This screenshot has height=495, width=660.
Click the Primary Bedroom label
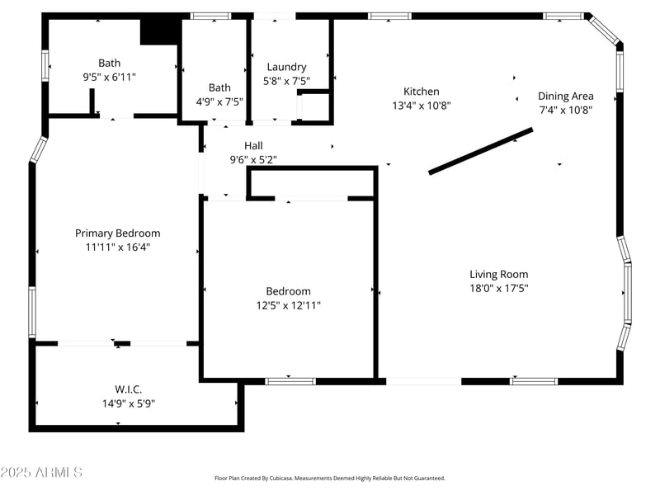pyautogui.click(x=117, y=233)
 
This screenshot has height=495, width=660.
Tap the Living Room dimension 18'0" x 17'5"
pyautogui.click(x=498, y=288)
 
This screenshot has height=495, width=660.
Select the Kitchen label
pyautogui.click(x=421, y=92)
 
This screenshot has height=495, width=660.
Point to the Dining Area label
pyautogui.click(x=565, y=96)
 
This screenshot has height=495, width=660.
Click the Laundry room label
pyautogui.click(x=286, y=67)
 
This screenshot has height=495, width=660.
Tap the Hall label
pyautogui.click(x=253, y=145)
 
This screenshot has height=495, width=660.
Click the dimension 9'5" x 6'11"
pyautogui.click(x=109, y=77)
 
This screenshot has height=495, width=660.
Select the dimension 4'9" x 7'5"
pyautogui.click(x=219, y=101)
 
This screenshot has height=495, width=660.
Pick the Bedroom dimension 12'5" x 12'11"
pyautogui.click(x=288, y=305)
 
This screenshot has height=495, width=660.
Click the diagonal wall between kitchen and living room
pyautogui.click(x=480, y=151)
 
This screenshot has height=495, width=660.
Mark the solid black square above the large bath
pyautogui.click(x=160, y=31)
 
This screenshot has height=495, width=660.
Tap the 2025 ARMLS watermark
pyautogui.click(x=41, y=472)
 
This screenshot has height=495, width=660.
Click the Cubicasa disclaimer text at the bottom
pyautogui.click(x=329, y=478)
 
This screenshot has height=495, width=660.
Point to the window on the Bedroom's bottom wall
pyautogui.click(x=290, y=381)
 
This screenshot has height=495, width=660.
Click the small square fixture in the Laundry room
pyautogui.click(x=313, y=107)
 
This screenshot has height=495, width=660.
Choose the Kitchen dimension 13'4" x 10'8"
pyautogui.click(x=421, y=106)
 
